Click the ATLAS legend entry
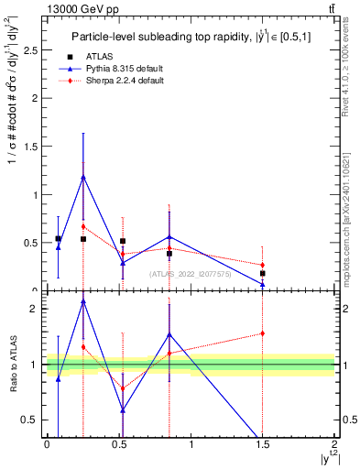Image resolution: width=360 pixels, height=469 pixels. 95,57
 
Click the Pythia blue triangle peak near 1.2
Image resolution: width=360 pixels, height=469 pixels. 83,177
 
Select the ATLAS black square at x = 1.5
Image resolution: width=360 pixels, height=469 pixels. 263,273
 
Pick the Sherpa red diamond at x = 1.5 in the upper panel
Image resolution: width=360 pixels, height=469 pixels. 263,266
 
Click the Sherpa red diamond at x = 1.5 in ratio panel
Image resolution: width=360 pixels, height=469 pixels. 263,333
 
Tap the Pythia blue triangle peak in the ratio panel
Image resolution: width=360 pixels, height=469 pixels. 83,300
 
